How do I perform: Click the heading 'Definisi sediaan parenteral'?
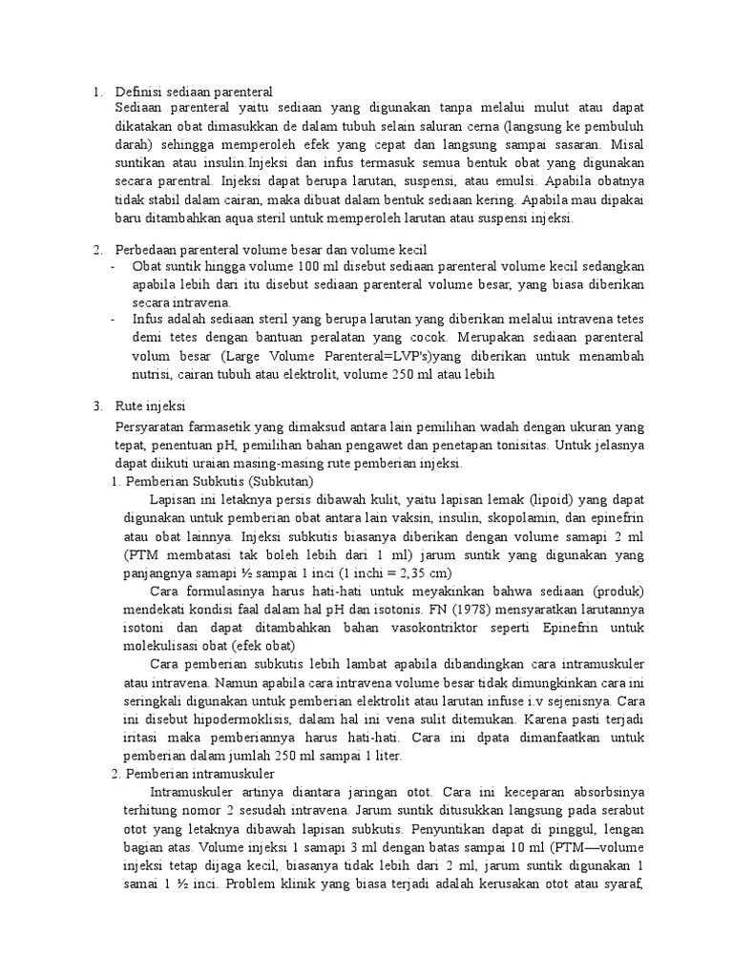tap(194, 92)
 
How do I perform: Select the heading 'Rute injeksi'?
tap(150, 405)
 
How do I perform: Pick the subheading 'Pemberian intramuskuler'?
tap(199, 772)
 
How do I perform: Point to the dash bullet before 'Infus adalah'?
tap(114, 320)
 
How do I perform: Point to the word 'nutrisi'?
tap(152, 374)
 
